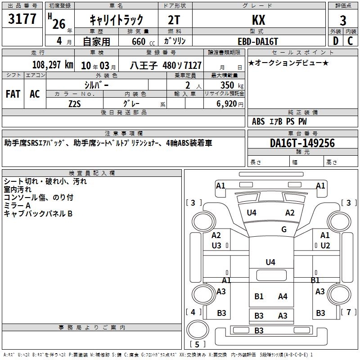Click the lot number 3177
22,20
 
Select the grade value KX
258,20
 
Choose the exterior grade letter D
335,41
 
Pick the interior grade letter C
350,41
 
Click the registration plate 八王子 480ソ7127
166,65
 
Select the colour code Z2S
75,103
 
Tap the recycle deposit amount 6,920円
229,104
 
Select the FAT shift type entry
13,94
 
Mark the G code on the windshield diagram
284,229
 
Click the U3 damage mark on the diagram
216,245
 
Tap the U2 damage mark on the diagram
325,245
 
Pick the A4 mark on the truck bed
283,296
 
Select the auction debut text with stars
288,63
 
